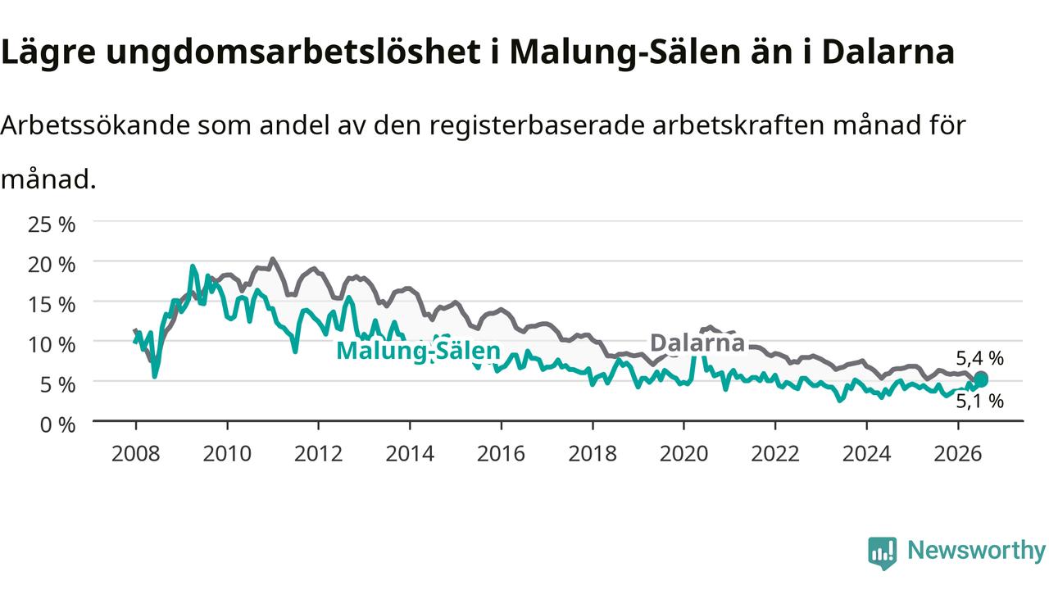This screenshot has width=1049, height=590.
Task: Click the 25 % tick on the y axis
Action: point(52,225)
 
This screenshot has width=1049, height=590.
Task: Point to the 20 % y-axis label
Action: point(52,265)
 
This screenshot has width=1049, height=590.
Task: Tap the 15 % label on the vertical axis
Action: point(52,305)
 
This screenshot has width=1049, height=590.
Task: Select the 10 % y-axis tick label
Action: point(52,345)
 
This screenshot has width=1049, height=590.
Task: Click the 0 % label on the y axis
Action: point(57,425)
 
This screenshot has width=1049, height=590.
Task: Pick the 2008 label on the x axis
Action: point(136,454)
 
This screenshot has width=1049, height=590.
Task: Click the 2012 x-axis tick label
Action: point(319,454)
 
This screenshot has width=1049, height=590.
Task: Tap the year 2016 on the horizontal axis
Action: point(501,454)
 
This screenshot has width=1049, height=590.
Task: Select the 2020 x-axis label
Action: point(683,454)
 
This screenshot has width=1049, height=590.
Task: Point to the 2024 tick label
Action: point(867,454)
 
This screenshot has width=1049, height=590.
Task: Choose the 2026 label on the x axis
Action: point(958,454)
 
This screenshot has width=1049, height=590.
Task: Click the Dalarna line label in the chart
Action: point(697,343)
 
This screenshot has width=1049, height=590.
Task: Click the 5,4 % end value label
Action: point(979,359)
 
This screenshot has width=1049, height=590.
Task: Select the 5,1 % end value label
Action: point(979,402)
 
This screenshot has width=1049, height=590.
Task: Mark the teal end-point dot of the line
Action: point(981,379)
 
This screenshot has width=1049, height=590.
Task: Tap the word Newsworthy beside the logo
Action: point(976,551)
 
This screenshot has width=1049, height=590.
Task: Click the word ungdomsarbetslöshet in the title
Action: point(293,52)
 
